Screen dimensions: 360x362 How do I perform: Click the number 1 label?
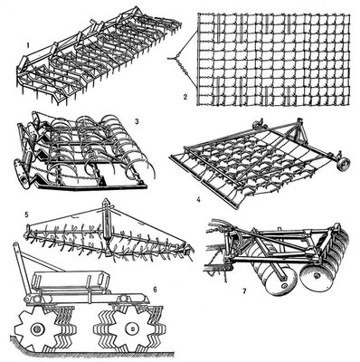[x=28, y=46]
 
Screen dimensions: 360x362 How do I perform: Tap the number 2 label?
[x=185, y=97]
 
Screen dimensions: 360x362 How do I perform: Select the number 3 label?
[x=137, y=121]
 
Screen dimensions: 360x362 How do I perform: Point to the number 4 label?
[x=198, y=199]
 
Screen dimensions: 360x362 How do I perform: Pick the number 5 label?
[x=26, y=214]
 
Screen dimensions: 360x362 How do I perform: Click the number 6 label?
[x=156, y=290]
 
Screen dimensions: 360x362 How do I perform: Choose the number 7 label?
[x=244, y=291]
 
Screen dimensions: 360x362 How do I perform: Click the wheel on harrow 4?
[x=343, y=165]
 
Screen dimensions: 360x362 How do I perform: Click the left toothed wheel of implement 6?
[x=38, y=329]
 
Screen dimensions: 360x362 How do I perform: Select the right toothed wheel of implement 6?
[x=130, y=329]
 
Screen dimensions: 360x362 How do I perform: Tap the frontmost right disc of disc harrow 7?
[x=316, y=277]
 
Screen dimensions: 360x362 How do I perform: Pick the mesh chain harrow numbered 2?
[x=274, y=60]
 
